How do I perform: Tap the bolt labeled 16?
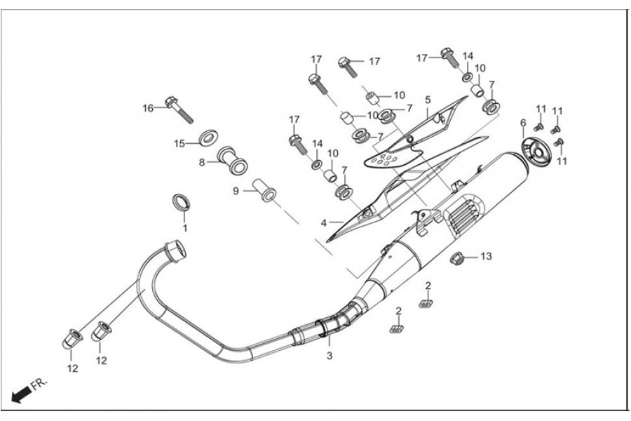[x=176, y=107]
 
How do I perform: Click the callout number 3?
[x=329, y=356]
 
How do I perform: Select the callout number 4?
[x=324, y=223]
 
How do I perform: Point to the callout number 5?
[x=427, y=100]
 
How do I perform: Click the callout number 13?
[x=486, y=256]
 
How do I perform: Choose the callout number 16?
[x=148, y=107]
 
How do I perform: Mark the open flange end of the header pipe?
[x=174, y=248]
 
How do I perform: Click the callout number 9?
[x=236, y=190]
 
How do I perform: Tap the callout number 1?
[x=185, y=228]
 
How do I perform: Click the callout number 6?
[x=522, y=123]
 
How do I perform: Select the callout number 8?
[x=201, y=162]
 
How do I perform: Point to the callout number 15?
[x=179, y=143]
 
